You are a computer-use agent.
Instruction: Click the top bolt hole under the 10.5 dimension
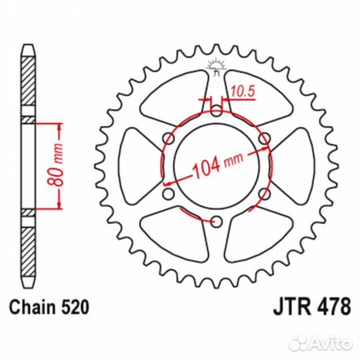(x=215, y=111)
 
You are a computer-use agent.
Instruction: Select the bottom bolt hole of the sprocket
(x=215, y=221)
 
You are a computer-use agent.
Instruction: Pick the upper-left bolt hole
(x=167, y=139)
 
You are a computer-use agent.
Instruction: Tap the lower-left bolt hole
(x=167, y=193)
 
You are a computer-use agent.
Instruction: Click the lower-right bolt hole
(x=264, y=193)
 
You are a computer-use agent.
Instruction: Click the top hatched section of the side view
(x=27, y=83)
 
